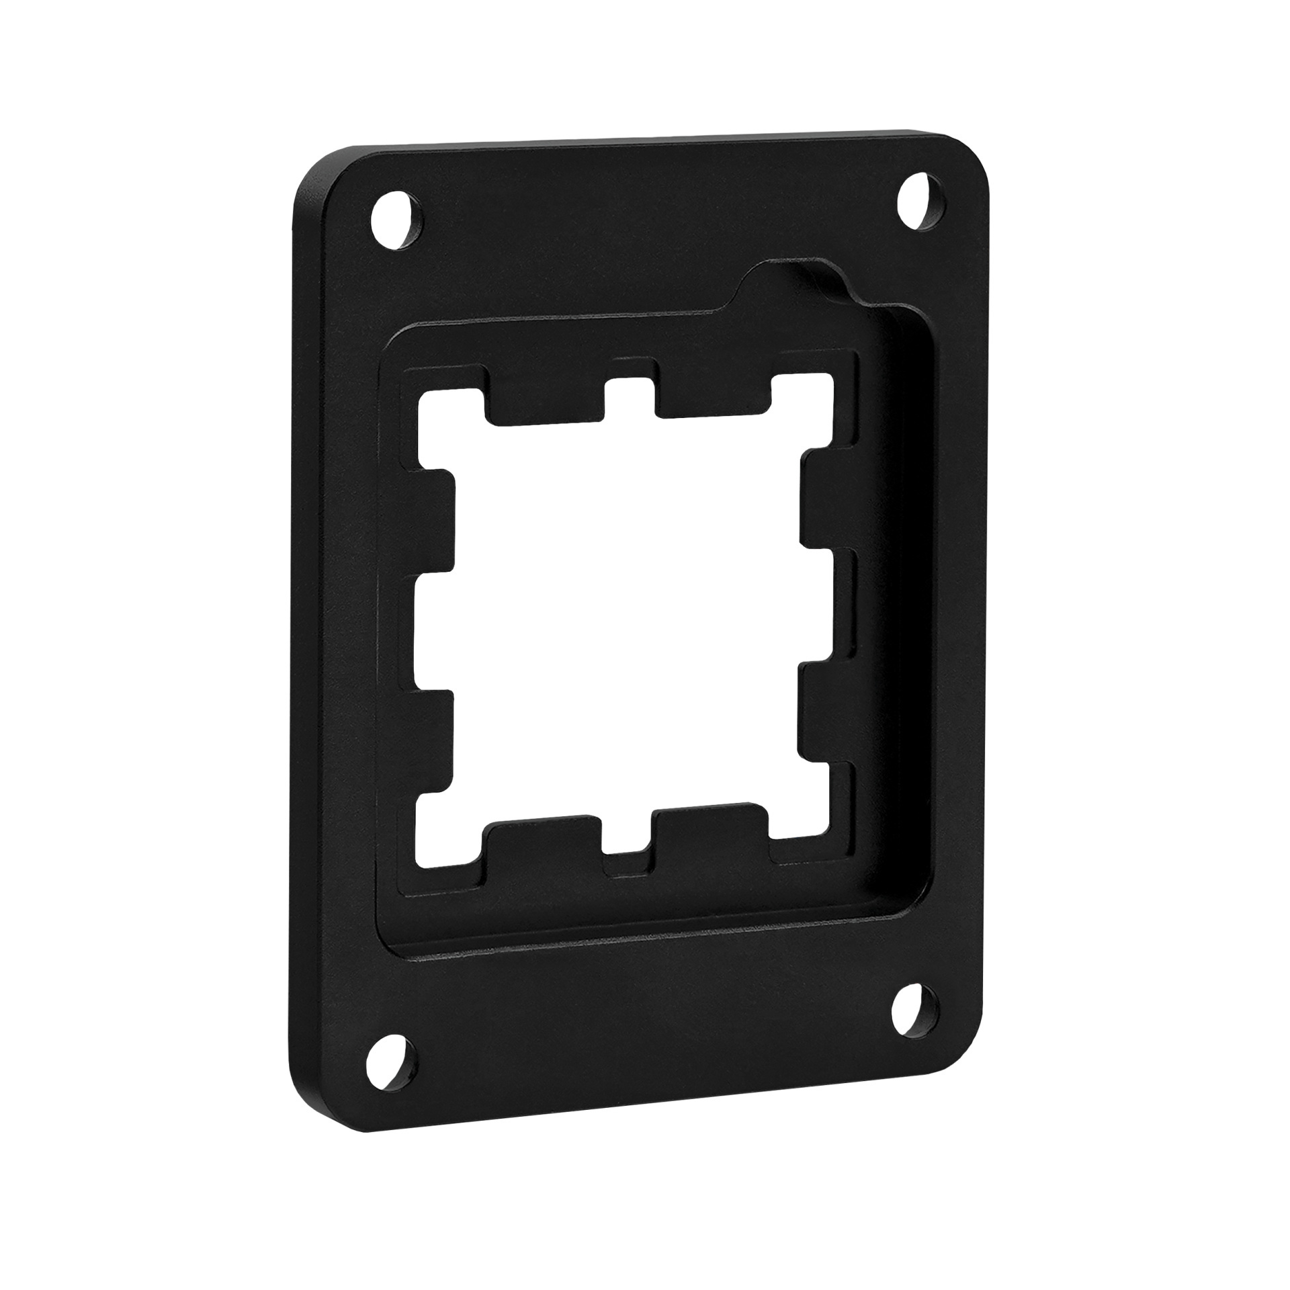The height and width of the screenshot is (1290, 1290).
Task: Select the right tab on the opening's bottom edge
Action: pyautogui.click(x=711, y=832)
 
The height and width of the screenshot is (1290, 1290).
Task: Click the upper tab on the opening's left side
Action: pyautogui.click(x=435, y=524)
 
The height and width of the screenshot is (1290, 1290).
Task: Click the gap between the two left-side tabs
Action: pyautogui.click(x=430, y=635)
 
